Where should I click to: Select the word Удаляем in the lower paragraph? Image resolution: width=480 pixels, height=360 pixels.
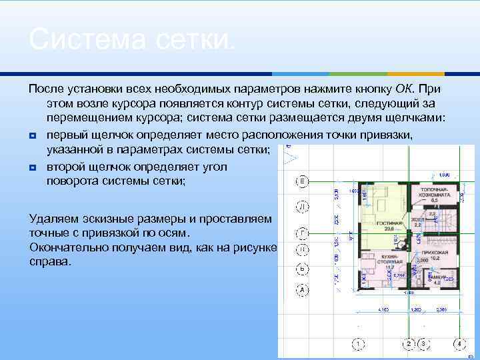(55, 219)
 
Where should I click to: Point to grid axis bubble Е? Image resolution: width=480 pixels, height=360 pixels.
(302, 181)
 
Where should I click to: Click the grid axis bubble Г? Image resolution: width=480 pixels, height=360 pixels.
(302, 233)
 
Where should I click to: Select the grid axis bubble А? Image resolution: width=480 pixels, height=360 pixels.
(302, 290)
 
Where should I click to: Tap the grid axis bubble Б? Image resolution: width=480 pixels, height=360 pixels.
(302, 269)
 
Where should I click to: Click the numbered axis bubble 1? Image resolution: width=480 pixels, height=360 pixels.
(359, 344)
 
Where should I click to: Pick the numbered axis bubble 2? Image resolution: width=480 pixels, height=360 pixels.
(410, 344)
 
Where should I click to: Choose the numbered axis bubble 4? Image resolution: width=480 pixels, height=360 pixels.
(459, 344)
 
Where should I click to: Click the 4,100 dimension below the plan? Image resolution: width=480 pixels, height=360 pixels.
(383, 310)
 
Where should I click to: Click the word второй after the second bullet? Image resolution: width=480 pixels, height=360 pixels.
(65, 166)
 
